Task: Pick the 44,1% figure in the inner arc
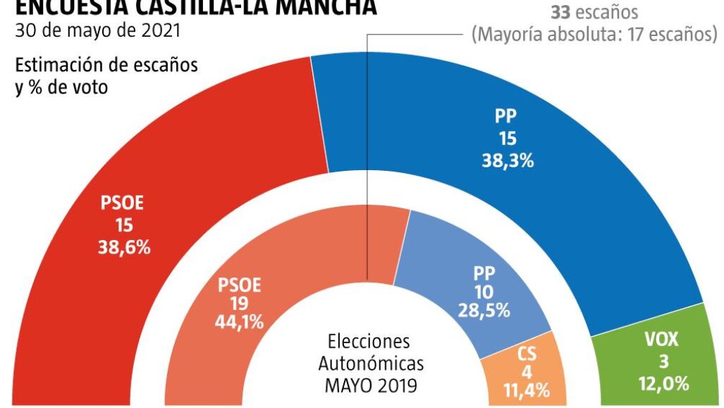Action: click(239, 323)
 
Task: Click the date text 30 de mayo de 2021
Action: click(97, 31)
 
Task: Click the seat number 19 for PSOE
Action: click(239, 304)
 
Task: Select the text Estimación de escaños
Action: click(106, 66)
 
